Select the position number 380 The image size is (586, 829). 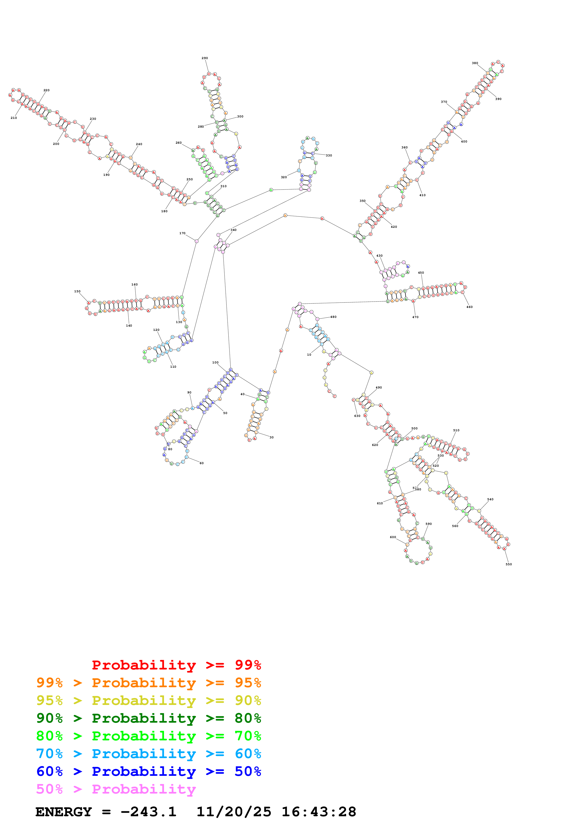475,63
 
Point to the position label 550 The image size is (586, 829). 509,564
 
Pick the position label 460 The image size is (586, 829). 469,307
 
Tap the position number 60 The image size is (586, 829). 201,463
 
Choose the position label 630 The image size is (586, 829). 357,416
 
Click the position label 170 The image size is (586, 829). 182,233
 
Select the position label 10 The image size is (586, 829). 309,354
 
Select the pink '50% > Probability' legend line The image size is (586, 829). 116,789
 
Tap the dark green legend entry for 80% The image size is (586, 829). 149,718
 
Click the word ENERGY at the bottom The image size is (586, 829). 64,812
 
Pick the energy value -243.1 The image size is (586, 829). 148,812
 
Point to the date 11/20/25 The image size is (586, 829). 234,812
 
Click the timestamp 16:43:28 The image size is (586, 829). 319,812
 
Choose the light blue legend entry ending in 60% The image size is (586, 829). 149,754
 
